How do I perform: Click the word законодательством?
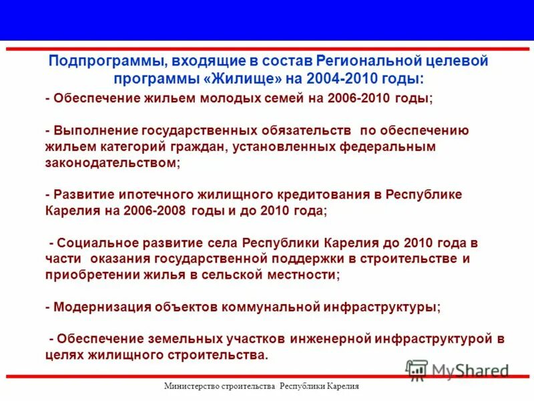click(x=110, y=162)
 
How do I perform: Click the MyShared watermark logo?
click(x=457, y=369)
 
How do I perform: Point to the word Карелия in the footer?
click(x=345, y=387)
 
